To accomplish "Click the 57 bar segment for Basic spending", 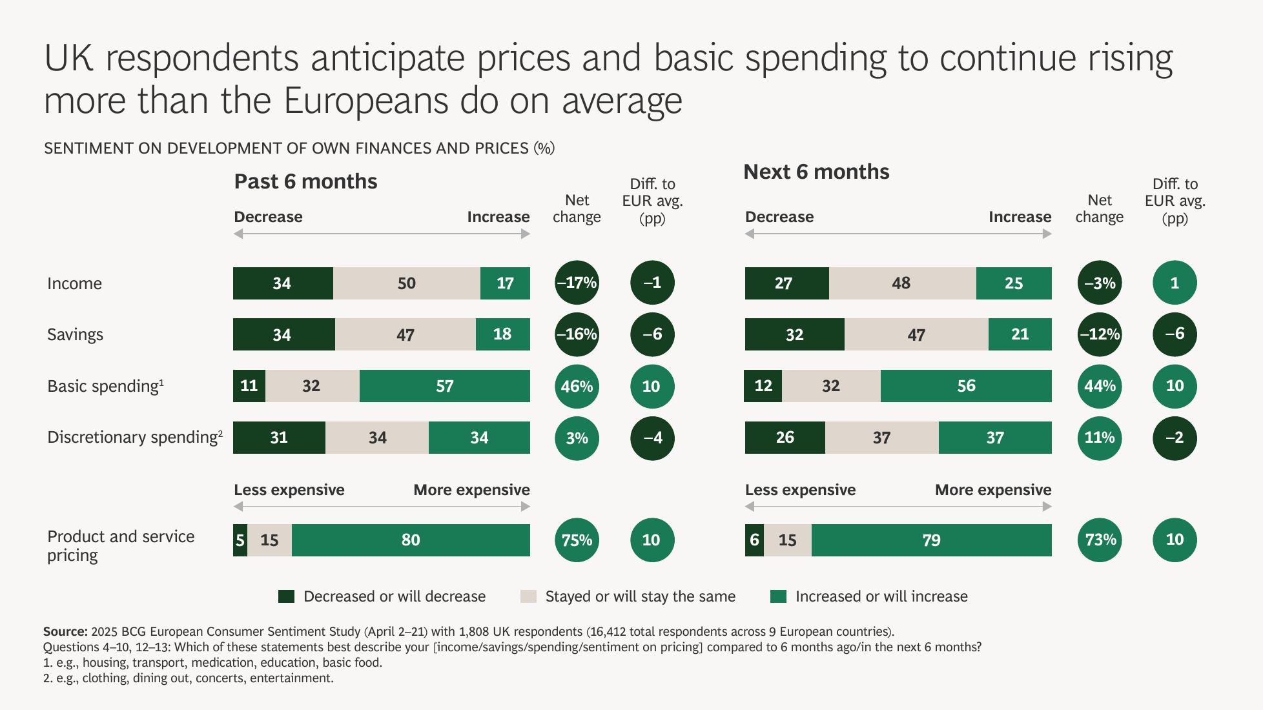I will click(x=444, y=386).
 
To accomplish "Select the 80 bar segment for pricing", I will click(x=411, y=540).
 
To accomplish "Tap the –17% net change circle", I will click(x=577, y=283).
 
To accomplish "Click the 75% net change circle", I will click(x=577, y=540).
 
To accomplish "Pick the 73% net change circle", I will click(x=1099, y=540).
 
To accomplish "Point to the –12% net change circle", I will click(x=1099, y=334).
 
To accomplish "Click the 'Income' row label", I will click(x=74, y=283).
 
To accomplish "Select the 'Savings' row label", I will click(x=75, y=334).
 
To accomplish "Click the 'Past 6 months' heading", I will click(x=305, y=181).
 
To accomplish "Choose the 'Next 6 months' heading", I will click(x=816, y=172).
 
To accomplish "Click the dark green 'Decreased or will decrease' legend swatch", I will click(x=286, y=596).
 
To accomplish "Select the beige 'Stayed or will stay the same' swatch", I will click(x=528, y=596).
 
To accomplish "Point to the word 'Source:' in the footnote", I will click(x=65, y=631).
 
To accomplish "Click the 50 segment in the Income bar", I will click(x=406, y=283).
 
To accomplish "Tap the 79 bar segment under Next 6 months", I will click(x=931, y=540).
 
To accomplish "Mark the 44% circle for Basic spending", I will click(x=1099, y=386).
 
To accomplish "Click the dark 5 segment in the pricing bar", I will click(x=240, y=540).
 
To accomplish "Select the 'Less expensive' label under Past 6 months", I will click(x=289, y=490).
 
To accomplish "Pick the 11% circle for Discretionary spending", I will click(x=1099, y=438).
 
